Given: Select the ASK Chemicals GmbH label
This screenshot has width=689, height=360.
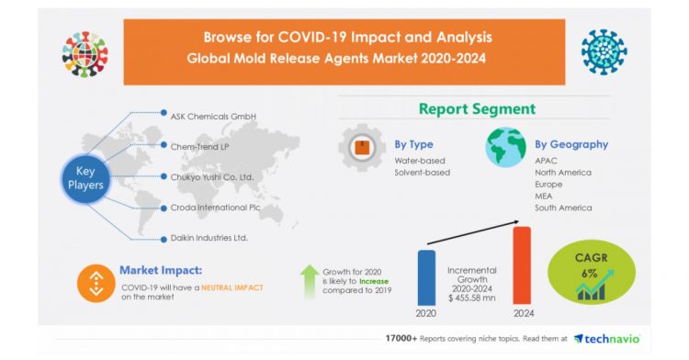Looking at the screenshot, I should tap(213, 116).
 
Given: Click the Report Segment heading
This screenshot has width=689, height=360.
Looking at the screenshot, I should tap(477, 109).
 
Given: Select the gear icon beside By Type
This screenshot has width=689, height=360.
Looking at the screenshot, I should tap(362, 147).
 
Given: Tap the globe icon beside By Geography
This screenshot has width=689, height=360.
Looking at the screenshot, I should tap(505, 148).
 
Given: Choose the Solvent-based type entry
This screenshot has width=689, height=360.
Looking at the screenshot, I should tap(423, 173).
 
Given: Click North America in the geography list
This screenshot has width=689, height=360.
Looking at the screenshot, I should tap(563, 172).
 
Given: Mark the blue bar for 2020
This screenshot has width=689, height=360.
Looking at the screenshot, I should tap(427, 276).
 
